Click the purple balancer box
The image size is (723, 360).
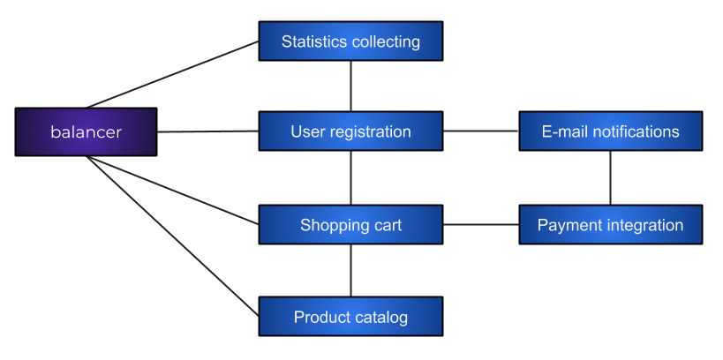coord(87,131)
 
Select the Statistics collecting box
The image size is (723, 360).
coord(350,41)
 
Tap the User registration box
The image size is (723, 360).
coord(350,131)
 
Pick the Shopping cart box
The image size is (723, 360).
coord(350,224)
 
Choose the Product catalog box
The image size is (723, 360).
coord(350,316)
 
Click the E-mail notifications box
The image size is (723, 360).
coord(611,131)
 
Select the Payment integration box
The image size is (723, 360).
coord(611,224)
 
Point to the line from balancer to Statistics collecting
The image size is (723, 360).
coord(172,75)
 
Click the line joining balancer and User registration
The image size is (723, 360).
coord(208,131)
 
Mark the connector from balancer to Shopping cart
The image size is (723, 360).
coord(172,191)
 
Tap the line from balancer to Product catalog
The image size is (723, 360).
coord(172,236)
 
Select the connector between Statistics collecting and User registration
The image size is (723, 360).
coord(350,86)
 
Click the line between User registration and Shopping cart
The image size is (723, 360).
coord(350,177)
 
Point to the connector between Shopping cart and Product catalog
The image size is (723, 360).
coord(350,270)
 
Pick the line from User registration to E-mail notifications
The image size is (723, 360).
coord(481,131)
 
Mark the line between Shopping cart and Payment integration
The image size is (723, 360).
coord(481,224)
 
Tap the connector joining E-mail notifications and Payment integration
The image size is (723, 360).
coord(611,177)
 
